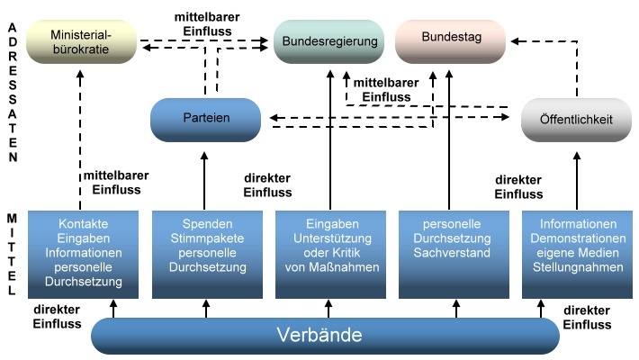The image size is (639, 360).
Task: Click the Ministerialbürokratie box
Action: coord(80,42)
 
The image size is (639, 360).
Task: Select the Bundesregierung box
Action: coord(328,41)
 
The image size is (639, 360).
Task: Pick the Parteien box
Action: coord(206,119)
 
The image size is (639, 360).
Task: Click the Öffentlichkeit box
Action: coord(576,120)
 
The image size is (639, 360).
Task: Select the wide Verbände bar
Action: coord(325,337)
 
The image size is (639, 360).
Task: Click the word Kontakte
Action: coord(83,224)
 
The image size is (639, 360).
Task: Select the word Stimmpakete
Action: coord(206,238)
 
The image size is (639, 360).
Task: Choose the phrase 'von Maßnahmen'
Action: coord(328,267)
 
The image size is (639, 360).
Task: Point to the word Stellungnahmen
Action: coord(579,267)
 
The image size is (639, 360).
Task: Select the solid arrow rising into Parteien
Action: coord(205,175)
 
